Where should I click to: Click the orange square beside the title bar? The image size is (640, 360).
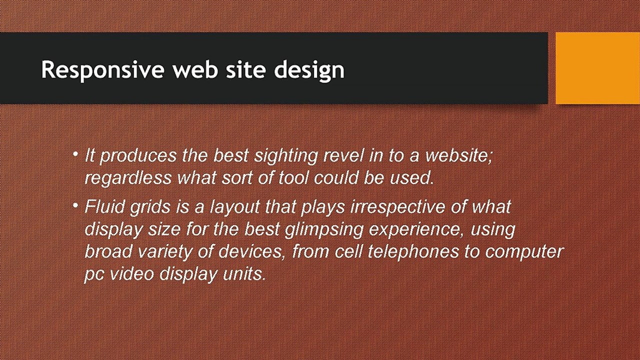coord(597,68)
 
